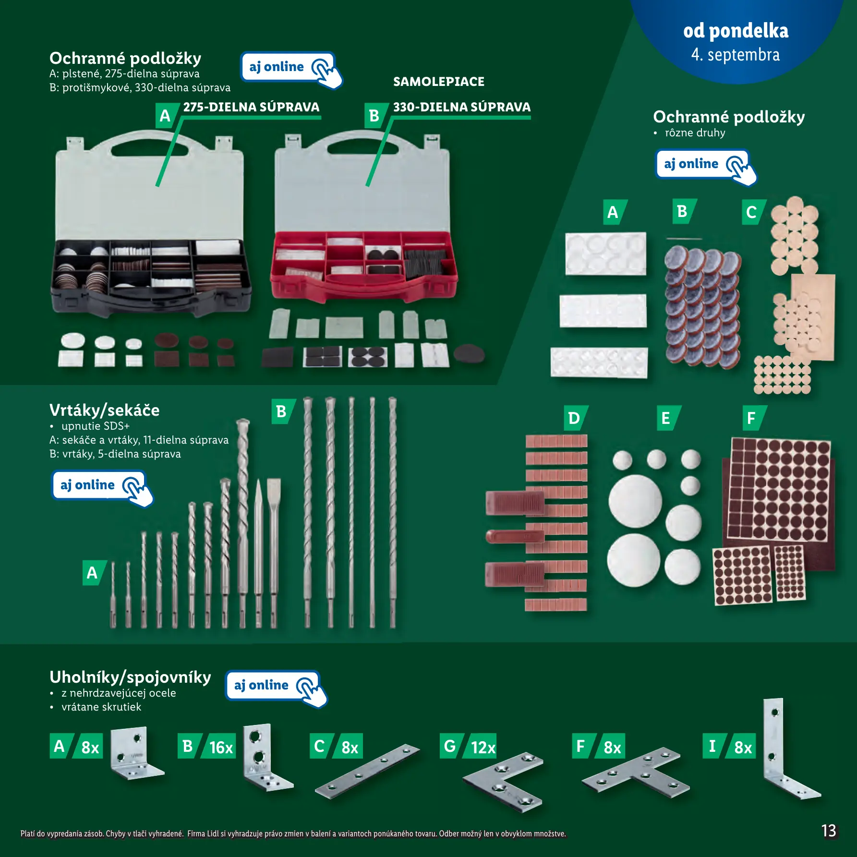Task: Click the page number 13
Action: (829, 831)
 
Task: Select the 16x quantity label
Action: (221, 747)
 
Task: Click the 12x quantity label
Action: (482, 747)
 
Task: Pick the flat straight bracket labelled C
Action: (367, 771)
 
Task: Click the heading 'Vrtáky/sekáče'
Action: (104, 410)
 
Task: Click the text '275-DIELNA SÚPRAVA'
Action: (251, 107)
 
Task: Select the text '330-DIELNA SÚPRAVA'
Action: (462, 107)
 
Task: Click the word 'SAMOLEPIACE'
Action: (439, 82)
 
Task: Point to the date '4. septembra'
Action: (736, 55)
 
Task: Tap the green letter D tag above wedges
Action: (575, 418)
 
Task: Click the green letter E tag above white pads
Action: (667, 418)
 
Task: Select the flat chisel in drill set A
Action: (274, 552)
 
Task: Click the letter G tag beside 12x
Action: (450, 746)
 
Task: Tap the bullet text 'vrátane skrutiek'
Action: (101, 707)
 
